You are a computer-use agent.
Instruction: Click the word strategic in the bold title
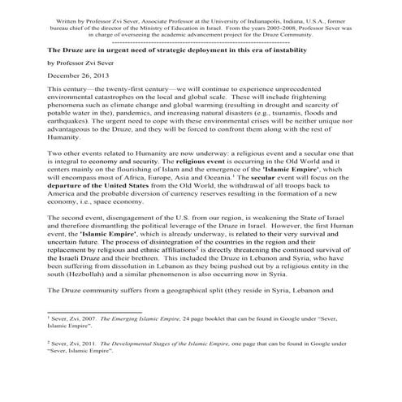189,49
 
